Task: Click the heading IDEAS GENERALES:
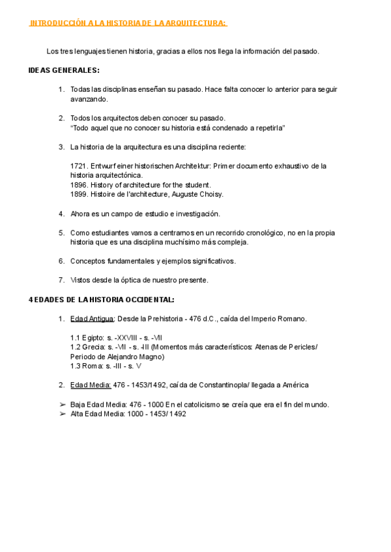64,70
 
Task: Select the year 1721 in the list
78,166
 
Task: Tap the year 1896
78,185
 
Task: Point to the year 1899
78,194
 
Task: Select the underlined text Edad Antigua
92,318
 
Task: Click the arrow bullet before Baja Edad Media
62,404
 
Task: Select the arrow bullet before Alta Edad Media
62,413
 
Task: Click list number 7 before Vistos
61,280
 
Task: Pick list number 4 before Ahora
61,214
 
